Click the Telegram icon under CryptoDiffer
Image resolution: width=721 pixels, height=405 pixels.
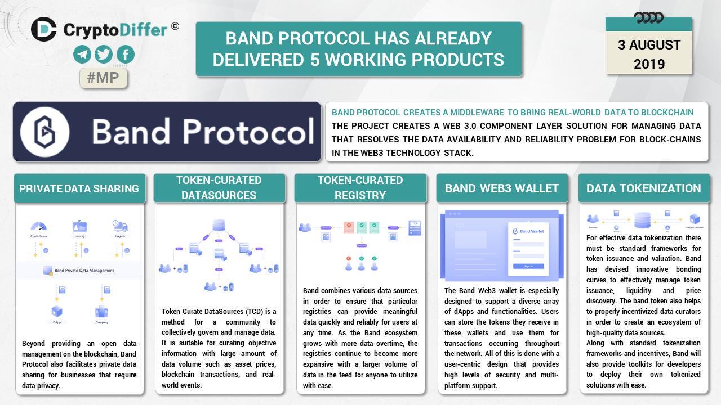pyautogui.click(x=82, y=55)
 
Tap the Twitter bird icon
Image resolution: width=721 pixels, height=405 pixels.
pyautogui.click(x=104, y=55)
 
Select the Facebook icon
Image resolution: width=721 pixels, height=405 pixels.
pyautogui.click(x=125, y=55)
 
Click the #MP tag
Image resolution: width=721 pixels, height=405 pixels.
pyautogui.click(x=104, y=78)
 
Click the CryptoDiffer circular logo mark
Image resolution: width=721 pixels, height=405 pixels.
pyautogui.click(x=44, y=29)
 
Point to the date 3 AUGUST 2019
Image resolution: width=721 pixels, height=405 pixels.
pyautogui.click(x=649, y=54)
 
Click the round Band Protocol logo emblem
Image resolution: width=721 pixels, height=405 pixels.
pyautogui.click(x=45, y=132)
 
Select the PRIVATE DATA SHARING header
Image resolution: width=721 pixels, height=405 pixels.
pyautogui.click(x=79, y=188)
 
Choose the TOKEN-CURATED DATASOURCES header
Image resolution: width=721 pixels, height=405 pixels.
pyautogui.click(x=219, y=188)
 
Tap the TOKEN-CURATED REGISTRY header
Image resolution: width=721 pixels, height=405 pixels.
pyautogui.click(x=360, y=188)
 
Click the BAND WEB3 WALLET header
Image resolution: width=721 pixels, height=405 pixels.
pyautogui.click(x=501, y=188)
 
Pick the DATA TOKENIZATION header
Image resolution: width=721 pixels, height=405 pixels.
pyautogui.click(x=643, y=188)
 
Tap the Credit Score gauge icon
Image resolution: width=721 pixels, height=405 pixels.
pyautogui.click(x=38, y=227)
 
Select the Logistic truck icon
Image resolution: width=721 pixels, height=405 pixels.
pyautogui.click(x=120, y=227)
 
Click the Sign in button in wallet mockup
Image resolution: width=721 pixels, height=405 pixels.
pyautogui.click(x=528, y=266)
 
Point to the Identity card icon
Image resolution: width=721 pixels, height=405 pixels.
pyautogui.click(x=79, y=227)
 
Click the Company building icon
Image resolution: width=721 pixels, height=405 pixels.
pyautogui.click(x=101, y=312)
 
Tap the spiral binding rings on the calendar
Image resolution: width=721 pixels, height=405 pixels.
pyautogui.click(x=648, y=18)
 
